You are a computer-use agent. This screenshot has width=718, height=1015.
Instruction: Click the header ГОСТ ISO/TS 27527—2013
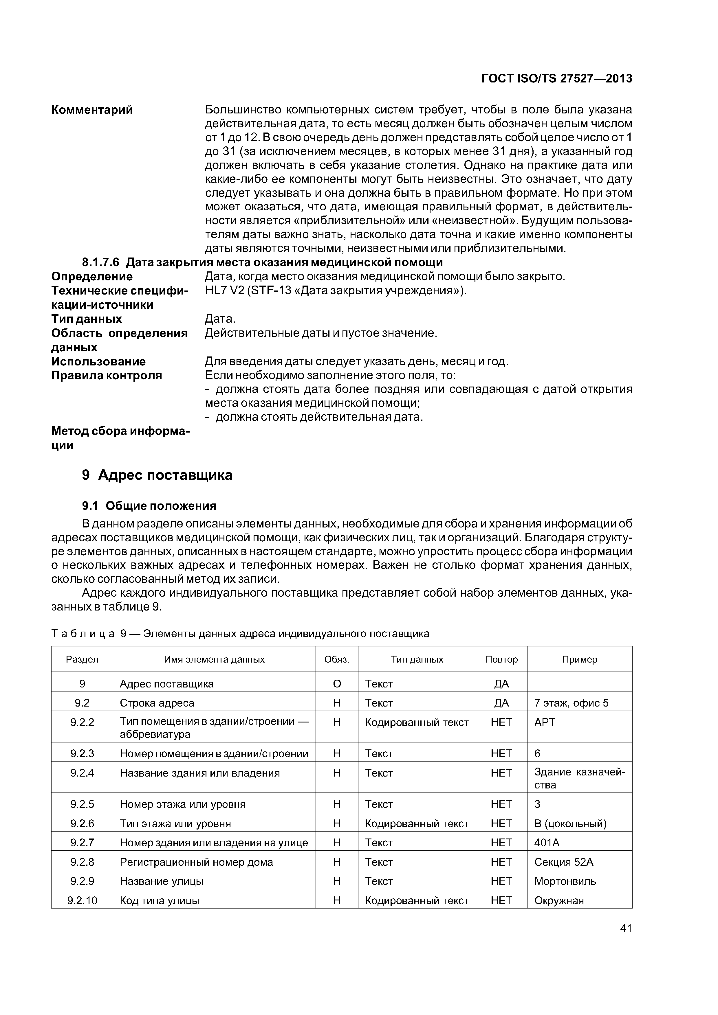pos(556,79)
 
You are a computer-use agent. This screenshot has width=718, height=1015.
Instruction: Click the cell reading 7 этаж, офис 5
pos(571,703)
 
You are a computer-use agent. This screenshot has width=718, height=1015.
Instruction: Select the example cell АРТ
pos(545,722)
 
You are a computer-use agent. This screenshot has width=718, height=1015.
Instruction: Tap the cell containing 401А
pos(547,843)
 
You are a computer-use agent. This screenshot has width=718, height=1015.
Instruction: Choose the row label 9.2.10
pos(82,900)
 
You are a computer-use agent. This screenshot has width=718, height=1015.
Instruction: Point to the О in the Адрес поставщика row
pos(337,684)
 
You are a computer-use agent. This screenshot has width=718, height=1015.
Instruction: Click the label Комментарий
pos(92,110)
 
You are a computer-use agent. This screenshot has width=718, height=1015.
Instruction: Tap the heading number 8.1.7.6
pos(101,263)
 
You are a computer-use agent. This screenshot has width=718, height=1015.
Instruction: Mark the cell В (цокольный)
pos(570,823)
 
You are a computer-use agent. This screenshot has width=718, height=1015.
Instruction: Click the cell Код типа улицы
pos(159,900)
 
